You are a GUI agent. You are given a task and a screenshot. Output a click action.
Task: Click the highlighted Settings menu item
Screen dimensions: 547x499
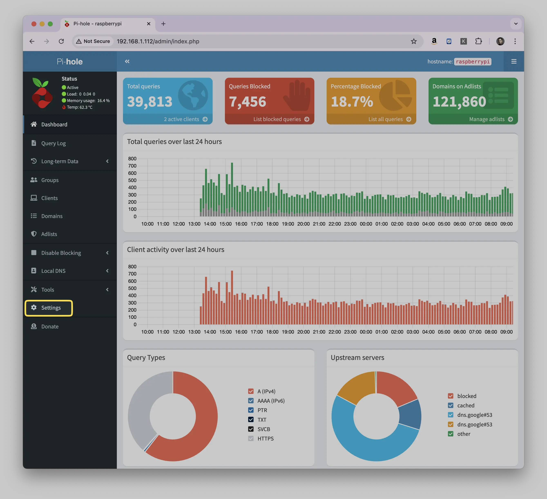pyautogui.click(x=49, y=308)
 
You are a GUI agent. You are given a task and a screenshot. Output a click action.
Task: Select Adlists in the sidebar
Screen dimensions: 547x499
pyautogui.click(x=49, y=234)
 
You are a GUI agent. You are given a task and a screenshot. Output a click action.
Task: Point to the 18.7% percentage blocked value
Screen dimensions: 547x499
pyautogui.click(x=352, y=102)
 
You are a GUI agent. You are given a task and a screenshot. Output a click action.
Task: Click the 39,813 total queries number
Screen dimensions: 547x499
pyautogui.click(x=150, y=102)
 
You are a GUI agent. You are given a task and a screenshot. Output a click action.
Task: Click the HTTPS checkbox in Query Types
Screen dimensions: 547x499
pyautogui.click(x=251, y=438)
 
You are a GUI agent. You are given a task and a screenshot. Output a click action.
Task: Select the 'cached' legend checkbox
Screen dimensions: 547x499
pyautogui.click(x=450, y=405)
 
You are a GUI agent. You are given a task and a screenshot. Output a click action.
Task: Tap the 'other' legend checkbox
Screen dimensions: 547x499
pyautogui.click(x=450, y=434)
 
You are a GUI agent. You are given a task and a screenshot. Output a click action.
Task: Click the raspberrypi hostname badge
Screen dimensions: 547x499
pyautogui.click(x=473, y=62)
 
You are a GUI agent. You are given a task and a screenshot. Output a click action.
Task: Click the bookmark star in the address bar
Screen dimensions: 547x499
pyautogui.click(x=413, y=41)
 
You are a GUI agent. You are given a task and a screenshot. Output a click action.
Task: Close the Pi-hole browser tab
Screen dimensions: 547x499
pyautogui.click(x=149, y=24)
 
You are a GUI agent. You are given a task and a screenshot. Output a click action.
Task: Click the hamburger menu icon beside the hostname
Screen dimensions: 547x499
pyautogui.click(x=514, y=61)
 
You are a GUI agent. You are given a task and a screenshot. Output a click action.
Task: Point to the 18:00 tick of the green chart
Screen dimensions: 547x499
pyautogui.click(x=272, y=224)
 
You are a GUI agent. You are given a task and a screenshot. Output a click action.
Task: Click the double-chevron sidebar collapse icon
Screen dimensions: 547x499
pyautogui.click(x=127, y=61)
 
